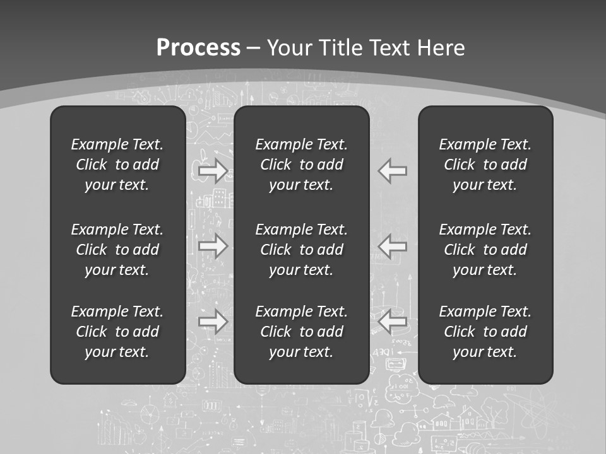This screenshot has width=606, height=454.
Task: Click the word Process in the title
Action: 198,48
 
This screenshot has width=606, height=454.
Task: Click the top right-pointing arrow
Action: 213,170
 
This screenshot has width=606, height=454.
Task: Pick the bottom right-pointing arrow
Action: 213,322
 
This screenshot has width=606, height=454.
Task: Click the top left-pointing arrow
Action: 393,170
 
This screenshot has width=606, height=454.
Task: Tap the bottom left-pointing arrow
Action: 393,322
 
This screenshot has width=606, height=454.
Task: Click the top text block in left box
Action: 117,165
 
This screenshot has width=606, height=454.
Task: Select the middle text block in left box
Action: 117,250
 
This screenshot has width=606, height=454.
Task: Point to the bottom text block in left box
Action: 117,332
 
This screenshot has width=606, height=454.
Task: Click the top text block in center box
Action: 302,165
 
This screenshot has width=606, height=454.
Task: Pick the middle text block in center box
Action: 302,250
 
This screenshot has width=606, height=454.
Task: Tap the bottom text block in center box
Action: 302,332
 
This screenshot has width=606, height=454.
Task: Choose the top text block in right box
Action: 485,165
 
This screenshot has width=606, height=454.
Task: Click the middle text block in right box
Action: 485,250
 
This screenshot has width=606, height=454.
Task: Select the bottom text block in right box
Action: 485,332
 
